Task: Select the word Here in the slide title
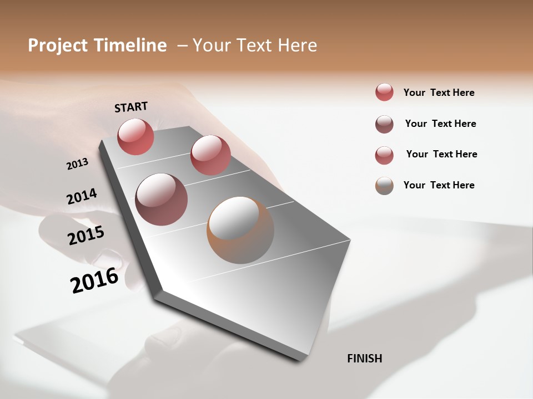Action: pyautogui.click(x=297, y=45)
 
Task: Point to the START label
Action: pyautogui.click(x=131, y=107)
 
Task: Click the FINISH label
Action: pyautogui.click(x=365, y=359)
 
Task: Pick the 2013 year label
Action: pyautogui.click(x=77, y=164)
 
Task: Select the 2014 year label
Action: pyautogui.click(x=82, y=197)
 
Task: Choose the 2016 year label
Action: pyautogui.click(x=94, y=280)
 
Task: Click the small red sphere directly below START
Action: pyautogui.click(x=135, y=136)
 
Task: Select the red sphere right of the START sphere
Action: pyautogui.click(x=210, y=155)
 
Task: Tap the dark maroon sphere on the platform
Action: pyautogui.click(x=162, y=199)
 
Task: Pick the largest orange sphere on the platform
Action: pyautogui.click(x=240, y=230)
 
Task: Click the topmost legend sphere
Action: pyautogui.click(x=384, y=92)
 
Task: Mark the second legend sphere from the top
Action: pyautogui.click(x=384, y=124)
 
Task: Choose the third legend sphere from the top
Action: pyautogui.click(x=384, y=155)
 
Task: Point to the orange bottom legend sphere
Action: pyautogui.click(x=384, y=186)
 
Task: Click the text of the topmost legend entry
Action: pyautogui.click(x=439, y=93)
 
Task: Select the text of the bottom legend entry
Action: pyautogui.click(x=439, y=185)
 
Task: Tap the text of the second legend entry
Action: pyautogui.click(x=440, y=124)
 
